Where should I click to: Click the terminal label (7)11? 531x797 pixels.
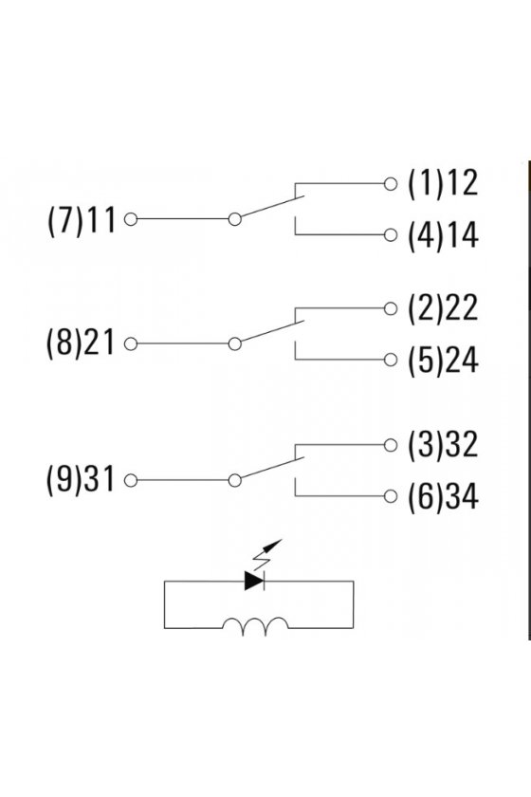(82, 220)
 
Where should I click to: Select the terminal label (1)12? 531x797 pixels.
(443, 183)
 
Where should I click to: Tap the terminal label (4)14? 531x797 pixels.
(443, 234)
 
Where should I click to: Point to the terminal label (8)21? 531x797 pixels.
(81, 343)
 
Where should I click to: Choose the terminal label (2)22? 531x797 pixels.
(443, 308)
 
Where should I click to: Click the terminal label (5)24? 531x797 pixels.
(443, 360)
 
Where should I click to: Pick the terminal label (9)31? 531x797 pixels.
(81, 480)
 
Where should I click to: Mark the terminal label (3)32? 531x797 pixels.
(443, 445)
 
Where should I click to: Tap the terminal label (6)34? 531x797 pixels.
(443, 496)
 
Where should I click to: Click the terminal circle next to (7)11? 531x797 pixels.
(131, 219)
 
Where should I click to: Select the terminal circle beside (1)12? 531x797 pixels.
(391, 183)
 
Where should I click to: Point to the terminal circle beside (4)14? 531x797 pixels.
(391, 235)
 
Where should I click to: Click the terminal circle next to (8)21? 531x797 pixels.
(131, 344)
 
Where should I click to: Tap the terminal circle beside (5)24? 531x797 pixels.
(391, 360)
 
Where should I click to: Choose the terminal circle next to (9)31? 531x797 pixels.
(131, 480)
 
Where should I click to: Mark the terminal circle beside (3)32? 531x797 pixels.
(391, 445)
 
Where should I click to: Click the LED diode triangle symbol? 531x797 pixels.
(253, 581)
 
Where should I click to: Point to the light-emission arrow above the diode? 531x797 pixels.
(267, 554)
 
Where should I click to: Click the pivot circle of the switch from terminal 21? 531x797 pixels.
(235, 344)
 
